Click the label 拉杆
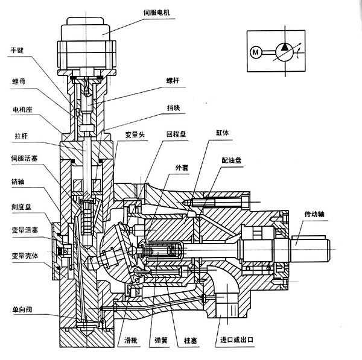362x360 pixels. (17, 135)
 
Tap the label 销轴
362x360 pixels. (17, 182)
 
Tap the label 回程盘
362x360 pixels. (173, 133)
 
